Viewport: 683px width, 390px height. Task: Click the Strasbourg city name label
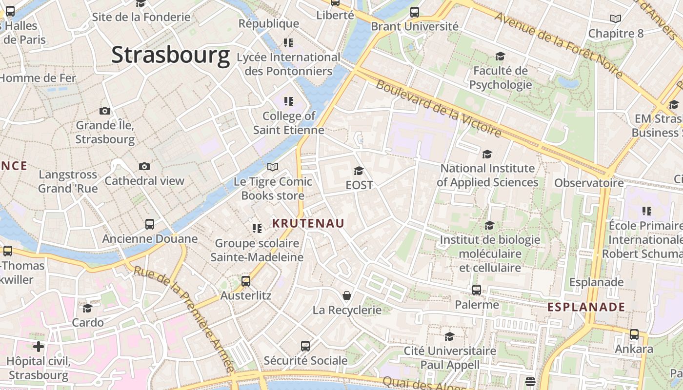170,55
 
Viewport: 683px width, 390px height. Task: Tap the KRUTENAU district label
308,223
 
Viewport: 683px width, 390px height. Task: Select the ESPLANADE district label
586,307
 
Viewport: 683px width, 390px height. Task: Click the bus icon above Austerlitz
246,281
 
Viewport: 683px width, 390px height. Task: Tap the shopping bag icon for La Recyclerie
347,295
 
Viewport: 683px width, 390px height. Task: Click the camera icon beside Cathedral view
144,166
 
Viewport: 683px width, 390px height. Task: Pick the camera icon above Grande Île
104,111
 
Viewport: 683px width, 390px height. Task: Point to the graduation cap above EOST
359,171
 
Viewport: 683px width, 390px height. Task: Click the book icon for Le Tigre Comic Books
272,167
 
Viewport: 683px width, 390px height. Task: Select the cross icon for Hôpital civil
38,347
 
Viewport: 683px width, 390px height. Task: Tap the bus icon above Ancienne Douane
150,224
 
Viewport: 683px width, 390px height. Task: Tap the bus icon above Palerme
477,290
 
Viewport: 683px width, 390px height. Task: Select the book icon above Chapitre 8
616,19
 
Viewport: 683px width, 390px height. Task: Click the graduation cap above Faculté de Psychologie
500,57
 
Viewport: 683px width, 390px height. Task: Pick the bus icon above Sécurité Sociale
305,346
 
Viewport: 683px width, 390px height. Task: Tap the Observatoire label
589,183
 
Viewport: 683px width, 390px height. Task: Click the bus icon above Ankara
634,334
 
